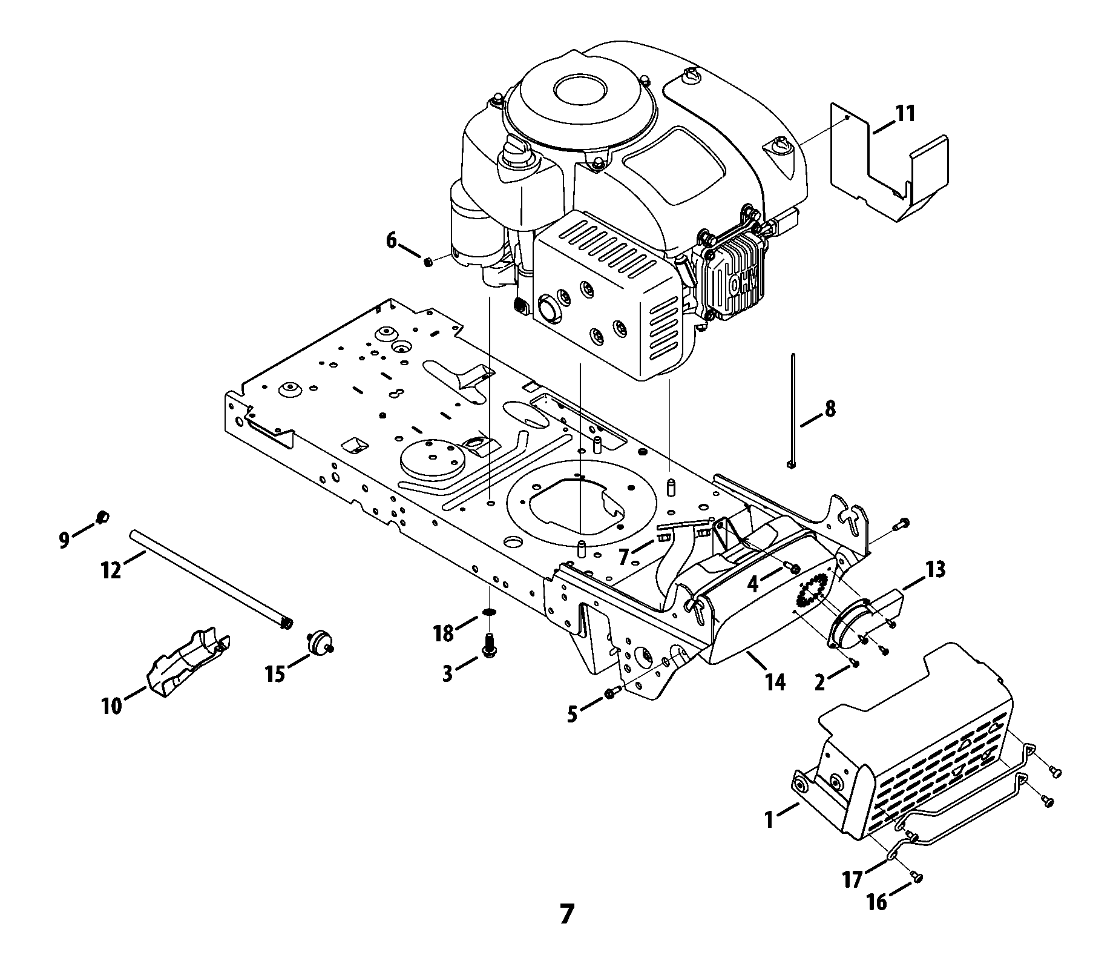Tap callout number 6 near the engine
(x=392, y=240)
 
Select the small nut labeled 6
(x=428, y=262)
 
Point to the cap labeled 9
(x=102, y=516)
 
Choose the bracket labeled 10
(x=189, y=661)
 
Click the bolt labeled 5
(x=610, y=693)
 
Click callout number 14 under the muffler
(x=775, y=682)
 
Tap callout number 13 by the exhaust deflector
(x=935, y=569)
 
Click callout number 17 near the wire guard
(x=853, y=879)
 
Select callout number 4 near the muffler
(x=752, y=584)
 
